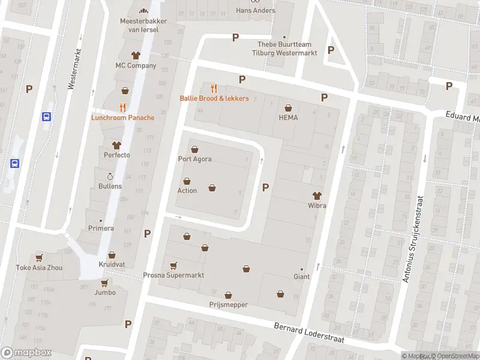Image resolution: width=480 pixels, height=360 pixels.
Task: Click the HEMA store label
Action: coord(288,118)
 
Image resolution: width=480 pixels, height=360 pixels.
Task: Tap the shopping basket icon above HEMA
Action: coord(288,108)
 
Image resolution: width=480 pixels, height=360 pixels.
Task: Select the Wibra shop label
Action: coord(317,206)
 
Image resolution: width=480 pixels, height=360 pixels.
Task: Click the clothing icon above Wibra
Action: coord(317,196)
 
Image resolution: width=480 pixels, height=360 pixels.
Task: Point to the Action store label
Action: coord(187,191)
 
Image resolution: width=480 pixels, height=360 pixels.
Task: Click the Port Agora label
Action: coord(194,159)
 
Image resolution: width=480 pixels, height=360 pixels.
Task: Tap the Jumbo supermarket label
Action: coord(104,293)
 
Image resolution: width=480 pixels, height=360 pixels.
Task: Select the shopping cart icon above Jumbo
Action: coord(104,283)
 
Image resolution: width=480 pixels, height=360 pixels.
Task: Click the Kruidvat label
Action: coord(112,265)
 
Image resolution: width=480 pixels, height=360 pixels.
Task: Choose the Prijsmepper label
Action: coord(228,305)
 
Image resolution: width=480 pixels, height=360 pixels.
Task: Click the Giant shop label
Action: coord(301,277)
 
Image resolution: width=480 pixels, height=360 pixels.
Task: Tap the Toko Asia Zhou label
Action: coord(39,268)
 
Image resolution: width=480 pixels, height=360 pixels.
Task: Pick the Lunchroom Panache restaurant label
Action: coord(122,118)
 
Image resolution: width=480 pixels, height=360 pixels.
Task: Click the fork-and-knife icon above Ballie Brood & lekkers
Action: coord(214,88)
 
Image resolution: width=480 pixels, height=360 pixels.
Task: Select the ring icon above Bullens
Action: coord(110,176)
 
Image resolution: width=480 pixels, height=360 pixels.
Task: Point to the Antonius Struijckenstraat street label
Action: coord(413,239)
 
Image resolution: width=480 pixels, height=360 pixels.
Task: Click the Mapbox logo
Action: coord(26,353)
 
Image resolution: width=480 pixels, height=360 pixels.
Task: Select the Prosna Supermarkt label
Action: coord(173,275)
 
